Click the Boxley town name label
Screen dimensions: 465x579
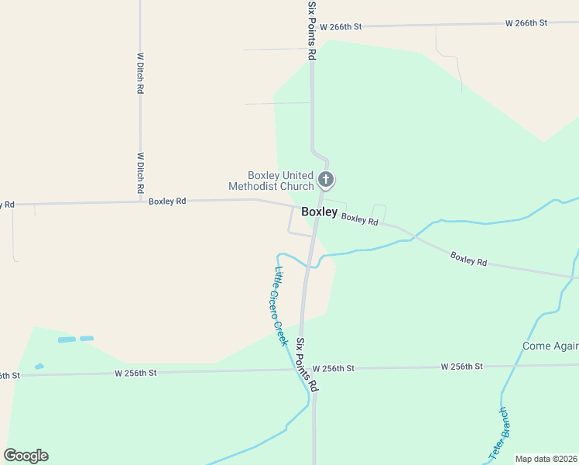click(319, 212)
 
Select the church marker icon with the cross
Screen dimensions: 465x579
click(327, 181)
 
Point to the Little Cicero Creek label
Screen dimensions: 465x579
click(282, 306)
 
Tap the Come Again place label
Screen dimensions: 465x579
click(550, 346)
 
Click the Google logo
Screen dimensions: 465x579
click(26, 456)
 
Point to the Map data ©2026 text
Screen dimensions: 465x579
click(546, 459)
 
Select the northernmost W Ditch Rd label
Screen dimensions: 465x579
click(141, 73)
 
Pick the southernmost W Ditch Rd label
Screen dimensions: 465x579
click(141, 172)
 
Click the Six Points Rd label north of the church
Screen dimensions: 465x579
click(312, 31)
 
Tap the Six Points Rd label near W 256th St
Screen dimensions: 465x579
click(308, 364)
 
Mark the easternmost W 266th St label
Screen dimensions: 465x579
click(526, 23)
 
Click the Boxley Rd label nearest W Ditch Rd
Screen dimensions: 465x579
click(167, 201)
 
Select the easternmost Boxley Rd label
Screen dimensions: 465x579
click(468, 260)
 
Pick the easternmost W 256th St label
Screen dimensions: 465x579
click(462, 366)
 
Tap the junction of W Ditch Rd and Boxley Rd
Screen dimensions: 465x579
click(141, 201)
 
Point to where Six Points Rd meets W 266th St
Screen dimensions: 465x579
click(312, 26)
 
